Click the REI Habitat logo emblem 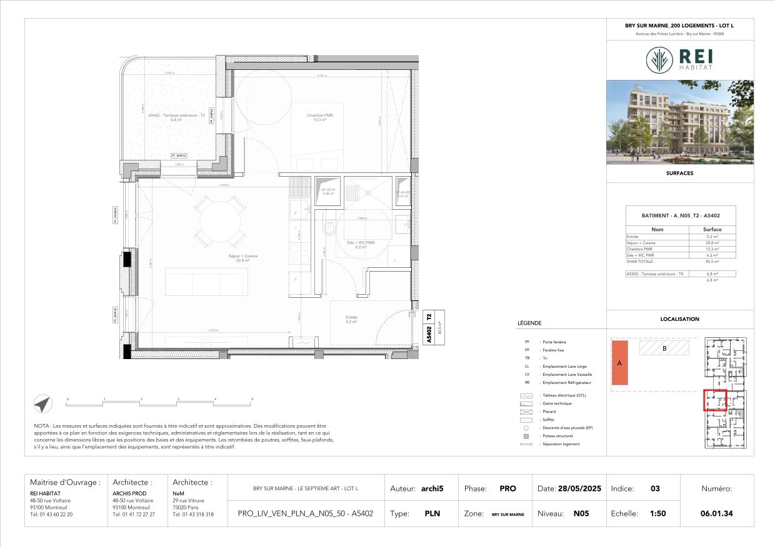pyautogui.click(x=659, y=60)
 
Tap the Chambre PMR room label pyautogui.click(x=319, y=117)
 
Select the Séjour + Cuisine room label pyautogui.click(x=242, y=258)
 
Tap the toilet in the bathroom pyautogui.click(x=328, y=229)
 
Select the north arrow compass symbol pyautogui.click(x=42, y=405)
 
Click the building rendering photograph pyautogui.click(x=680, y=122)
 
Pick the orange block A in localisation pyautogui.click(x=619, y=363)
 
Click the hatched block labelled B pyautogui.click(x=664, y=348)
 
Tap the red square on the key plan pyautogui.click(x=716, y=400)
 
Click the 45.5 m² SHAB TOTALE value pyautogui.click(x=712, y=261)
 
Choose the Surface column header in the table pyautogui.click(x=712, y=229)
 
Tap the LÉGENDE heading pyautogui.click(x=529, y=323)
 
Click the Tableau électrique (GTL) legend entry pyautogui.click(x=565, y=396)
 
